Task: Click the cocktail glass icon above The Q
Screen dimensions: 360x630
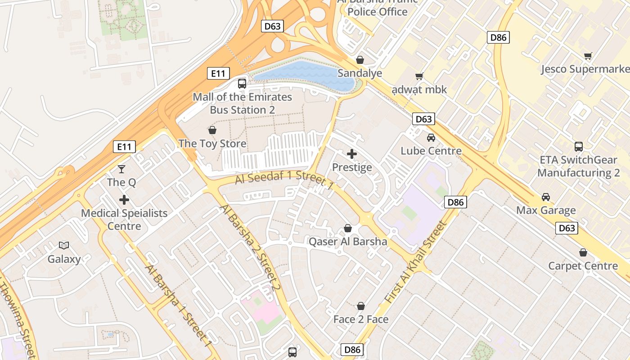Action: point(121,169)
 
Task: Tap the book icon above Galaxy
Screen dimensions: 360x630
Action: point(64,245)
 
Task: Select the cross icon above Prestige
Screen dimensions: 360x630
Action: point(352,154)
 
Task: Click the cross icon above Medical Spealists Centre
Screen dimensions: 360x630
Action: point(124,200)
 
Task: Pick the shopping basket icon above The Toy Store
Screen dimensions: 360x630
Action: point(212,130)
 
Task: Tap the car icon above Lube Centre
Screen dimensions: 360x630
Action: point(431,138)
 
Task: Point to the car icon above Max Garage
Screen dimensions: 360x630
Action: point(546,197)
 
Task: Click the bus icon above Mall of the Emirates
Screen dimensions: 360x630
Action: point(242,83)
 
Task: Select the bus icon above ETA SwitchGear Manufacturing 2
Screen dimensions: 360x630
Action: point(579,146)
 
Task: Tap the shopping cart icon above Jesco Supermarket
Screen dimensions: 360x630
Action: point(588,56)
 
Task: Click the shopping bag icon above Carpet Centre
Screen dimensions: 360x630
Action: point(583,252)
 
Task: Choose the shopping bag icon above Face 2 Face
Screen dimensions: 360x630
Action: point(361,306)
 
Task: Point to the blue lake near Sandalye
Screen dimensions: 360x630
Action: point(306,74)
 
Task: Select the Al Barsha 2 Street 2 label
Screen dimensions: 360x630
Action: point(250,247)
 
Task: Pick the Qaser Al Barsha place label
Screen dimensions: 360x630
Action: point(348,242)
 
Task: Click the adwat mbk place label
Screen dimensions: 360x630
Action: point(419,90)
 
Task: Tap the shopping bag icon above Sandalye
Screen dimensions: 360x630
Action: point(360,60)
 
